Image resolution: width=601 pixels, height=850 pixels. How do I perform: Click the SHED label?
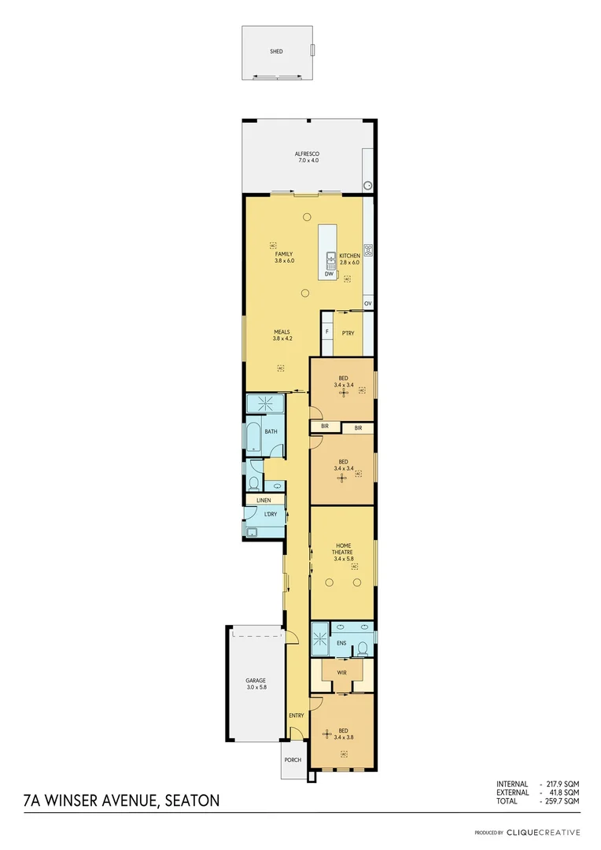276,52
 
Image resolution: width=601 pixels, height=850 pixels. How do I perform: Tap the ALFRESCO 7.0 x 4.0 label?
307,157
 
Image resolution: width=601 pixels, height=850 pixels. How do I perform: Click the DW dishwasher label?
329,274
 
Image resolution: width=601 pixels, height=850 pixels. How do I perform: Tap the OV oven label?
367,303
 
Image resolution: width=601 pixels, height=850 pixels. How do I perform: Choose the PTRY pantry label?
348,333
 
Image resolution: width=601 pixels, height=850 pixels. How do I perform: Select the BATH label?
271,431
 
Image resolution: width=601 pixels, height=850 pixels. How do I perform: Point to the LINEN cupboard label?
264,500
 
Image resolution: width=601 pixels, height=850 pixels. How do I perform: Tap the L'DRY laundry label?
270,514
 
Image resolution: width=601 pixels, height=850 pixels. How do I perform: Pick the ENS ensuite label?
341,643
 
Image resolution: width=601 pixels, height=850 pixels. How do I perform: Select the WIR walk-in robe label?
342,673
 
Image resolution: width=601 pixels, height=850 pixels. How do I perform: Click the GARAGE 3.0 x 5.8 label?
255,684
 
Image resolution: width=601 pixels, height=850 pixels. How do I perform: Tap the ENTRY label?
296,715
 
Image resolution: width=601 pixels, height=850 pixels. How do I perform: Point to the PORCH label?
293,759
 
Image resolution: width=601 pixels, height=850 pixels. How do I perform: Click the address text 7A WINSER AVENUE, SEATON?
122,801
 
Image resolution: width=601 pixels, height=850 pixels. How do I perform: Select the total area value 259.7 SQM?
564,800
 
